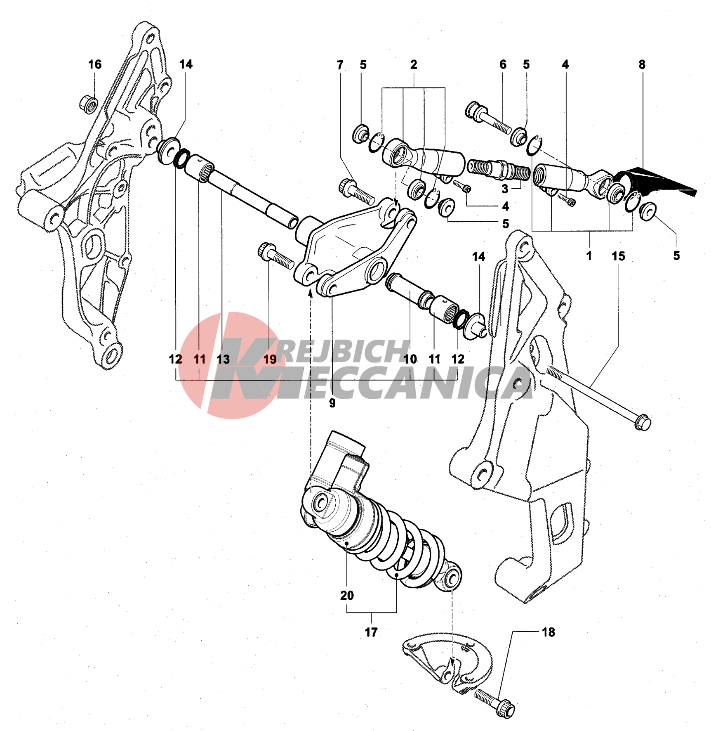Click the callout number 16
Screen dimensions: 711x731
95,64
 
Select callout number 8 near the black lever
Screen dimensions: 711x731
642,64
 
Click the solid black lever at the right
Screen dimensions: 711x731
656,183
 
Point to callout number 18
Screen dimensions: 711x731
548,632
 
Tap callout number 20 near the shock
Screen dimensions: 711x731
347,595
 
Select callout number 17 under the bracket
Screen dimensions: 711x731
371,632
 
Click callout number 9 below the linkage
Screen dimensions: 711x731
332,403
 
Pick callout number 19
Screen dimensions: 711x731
270,359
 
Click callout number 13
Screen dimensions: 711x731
223,359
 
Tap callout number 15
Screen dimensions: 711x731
618,256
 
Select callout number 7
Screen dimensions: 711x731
340,65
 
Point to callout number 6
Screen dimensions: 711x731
503,64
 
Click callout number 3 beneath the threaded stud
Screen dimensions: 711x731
505,189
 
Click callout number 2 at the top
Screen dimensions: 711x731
414,64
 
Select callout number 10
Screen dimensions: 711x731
410,359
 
